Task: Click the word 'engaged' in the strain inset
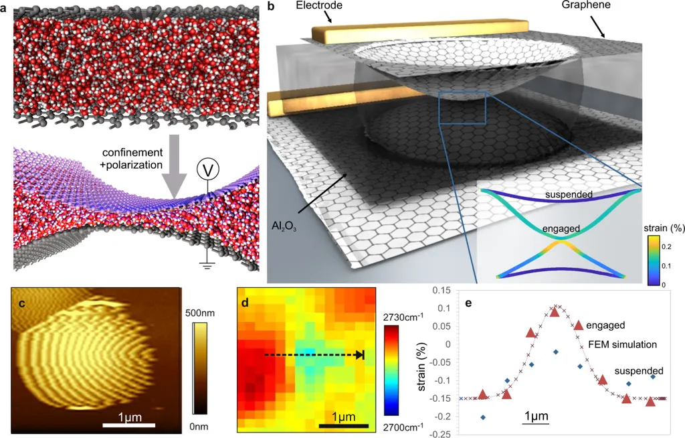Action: pos(561,228)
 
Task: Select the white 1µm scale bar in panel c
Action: pos(129,424)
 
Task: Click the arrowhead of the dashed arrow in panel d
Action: pos(360,355)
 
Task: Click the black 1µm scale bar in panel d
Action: pos(343,425)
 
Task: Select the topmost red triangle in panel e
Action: pos(555,312)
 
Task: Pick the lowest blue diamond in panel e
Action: pos(483,417)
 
